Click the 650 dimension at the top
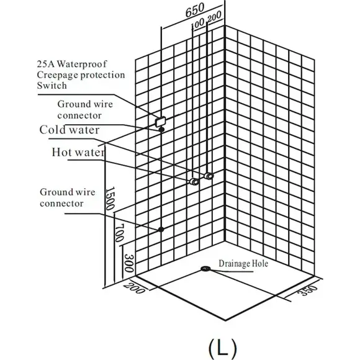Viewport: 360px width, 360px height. [195, 11]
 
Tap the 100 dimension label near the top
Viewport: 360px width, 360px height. [197, 24]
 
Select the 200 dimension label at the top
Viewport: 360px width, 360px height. [214, 17]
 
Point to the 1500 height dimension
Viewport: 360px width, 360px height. [110, 198]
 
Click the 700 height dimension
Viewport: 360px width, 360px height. [119, 233]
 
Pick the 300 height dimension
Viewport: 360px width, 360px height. [129, 263]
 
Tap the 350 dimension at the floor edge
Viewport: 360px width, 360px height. [308, 290]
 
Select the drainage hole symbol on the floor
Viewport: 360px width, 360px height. [205, 269]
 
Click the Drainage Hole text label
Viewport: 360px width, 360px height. [243, 263]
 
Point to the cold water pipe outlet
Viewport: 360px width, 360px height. [209, 176]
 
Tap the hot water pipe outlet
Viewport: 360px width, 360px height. [194, 182]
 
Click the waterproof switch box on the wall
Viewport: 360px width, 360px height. [161, 122]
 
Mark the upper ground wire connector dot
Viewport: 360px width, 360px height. [161, 130]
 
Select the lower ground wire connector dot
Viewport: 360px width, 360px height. [161, 229]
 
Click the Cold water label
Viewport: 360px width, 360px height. [70, 130]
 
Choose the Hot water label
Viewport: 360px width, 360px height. [78, 152]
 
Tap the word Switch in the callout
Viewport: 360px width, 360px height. [52, 86]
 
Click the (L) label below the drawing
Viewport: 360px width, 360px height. [222, 348]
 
